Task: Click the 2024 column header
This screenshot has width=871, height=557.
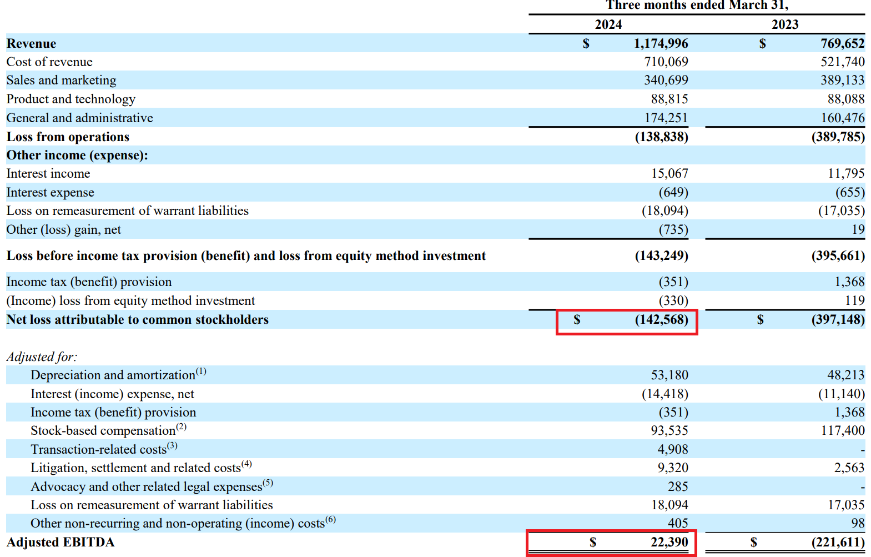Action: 608,24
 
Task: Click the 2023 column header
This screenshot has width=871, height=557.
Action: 784,24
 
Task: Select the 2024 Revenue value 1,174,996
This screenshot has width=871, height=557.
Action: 661,43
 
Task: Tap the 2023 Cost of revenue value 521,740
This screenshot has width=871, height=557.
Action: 842,62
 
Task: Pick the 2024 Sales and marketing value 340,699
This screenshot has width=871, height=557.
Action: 666,80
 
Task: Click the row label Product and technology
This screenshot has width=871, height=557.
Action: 71,99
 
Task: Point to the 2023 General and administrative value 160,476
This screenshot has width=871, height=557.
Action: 842,118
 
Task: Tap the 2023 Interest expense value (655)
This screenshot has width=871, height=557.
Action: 850,192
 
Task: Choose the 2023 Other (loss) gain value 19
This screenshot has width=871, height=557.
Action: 858,229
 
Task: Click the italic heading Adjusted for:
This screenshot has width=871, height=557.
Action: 42,357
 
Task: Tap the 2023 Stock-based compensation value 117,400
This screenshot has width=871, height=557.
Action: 842,430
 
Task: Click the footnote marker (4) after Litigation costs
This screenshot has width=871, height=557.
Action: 246,464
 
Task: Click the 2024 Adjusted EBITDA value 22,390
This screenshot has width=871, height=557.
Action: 669,542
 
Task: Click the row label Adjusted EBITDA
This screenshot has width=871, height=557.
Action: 60,542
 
